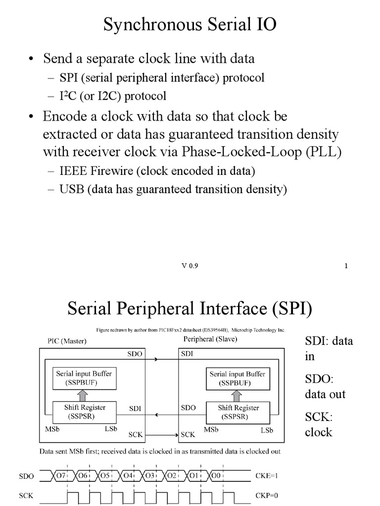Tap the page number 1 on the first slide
click(x=346, y=266)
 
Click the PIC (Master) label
click(x=67, y=341)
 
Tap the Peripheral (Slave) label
click(x=210, y=339)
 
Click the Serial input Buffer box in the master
click(x=84, y=378)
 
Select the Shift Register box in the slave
click(x=238, y=413)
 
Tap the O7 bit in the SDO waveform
click(x=61, y=476)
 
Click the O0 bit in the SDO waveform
click(x=216, y=476)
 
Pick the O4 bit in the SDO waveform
click(x=127, y=476)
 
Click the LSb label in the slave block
click(x=267, y=430)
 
